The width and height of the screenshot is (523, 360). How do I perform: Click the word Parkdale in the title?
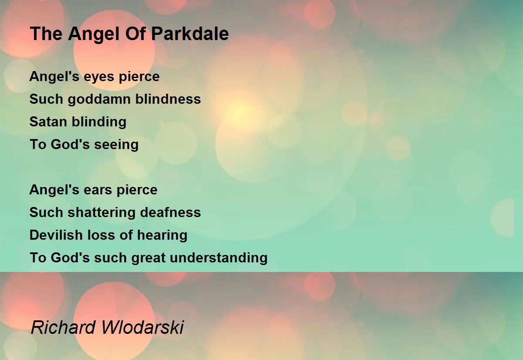(x=190, y=34)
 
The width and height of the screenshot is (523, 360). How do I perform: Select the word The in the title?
(x=46, y=34)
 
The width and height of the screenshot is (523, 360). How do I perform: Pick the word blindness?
(x=168, y=99)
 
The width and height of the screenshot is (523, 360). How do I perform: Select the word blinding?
(x=99, y=122)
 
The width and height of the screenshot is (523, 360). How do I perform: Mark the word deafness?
(x=170, y=212)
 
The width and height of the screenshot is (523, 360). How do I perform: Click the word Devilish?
(x=56, y=235)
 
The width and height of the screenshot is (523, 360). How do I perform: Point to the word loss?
(x=101, y=235)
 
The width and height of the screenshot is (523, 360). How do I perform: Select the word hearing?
(x=162, y=235)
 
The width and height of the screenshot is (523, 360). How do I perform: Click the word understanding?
(x=218, y=258)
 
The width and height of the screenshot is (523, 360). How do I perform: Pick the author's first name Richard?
(x=63, y=327)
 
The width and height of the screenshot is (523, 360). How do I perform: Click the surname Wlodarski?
(x=143, y=327)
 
